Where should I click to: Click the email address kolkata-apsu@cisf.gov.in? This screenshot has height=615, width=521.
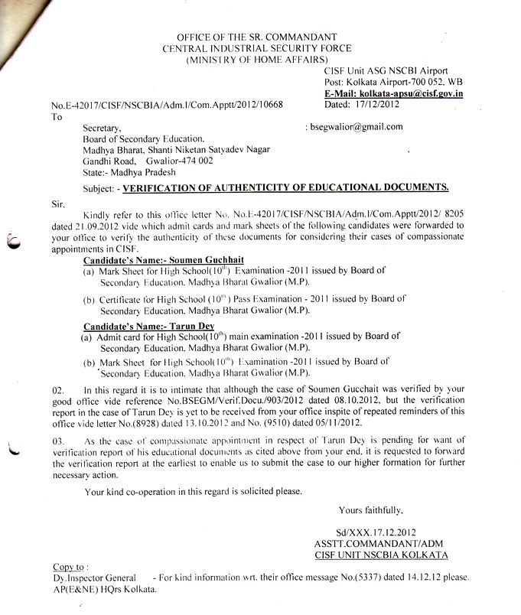click(415, 93)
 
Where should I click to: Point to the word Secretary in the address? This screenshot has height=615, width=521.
click(103, 129)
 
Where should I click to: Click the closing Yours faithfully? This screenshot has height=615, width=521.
click(370, 509)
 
